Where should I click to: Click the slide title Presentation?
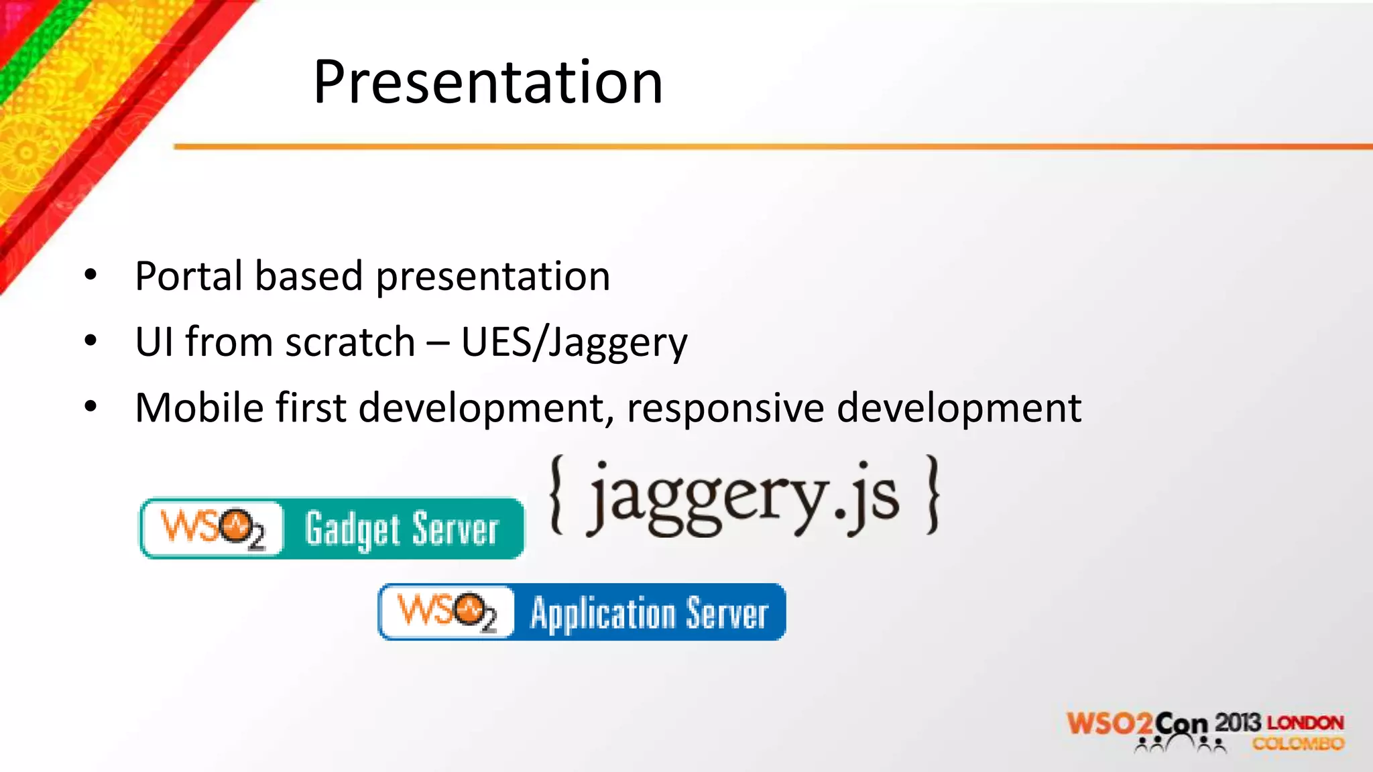coord(488,82)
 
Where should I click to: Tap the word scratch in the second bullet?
coord(350,342)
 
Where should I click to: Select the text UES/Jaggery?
coord(574,342)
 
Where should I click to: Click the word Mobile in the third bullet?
coord(199,407)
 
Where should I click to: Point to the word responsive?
coord(725,407)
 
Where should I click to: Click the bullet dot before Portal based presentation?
coord(91,275)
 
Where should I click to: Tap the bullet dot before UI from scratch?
coord(91,341)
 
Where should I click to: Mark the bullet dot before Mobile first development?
coord(91,406)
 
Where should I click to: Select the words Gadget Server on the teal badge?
coord(402,529)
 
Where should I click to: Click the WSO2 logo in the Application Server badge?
coord(447,612)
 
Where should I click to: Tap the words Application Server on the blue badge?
coord(649,613)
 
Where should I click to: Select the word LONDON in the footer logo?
coord(1305,723)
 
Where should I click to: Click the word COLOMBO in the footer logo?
coord(1298,744)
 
